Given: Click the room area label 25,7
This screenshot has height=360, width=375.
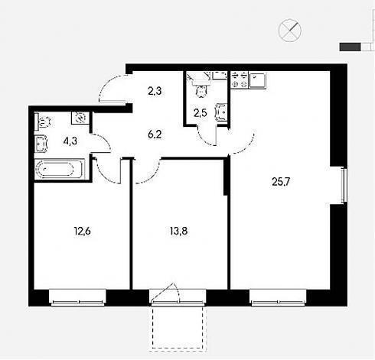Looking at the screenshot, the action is pos(281,182).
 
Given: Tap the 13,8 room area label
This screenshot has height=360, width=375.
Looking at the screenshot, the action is pos(179,232).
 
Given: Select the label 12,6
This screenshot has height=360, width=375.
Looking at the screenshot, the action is pos(83,232).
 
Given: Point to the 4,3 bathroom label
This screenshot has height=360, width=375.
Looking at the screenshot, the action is pos(70,141).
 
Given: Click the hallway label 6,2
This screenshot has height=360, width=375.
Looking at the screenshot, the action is pos(155,135).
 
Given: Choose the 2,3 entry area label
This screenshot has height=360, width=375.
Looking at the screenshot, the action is pos(155,91).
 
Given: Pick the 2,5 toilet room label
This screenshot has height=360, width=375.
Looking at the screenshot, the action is pos(201,113).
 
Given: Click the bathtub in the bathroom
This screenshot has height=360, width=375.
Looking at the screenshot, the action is pos(60,169).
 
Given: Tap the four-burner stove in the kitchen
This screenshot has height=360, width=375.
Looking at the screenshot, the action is pos(239,79).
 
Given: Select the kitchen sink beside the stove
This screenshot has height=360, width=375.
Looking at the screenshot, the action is pos(257,80).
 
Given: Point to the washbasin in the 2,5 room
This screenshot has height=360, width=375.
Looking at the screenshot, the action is pos(221,112).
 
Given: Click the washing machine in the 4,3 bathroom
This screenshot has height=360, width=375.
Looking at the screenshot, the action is pos(80,118).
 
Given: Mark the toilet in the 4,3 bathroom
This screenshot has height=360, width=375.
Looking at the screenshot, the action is pos(43,122).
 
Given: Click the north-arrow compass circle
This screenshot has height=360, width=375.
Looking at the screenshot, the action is pos(289,30).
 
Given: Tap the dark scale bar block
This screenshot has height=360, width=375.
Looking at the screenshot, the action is pos(350,47).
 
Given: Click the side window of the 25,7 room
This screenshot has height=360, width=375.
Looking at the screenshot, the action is pos(344,185).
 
